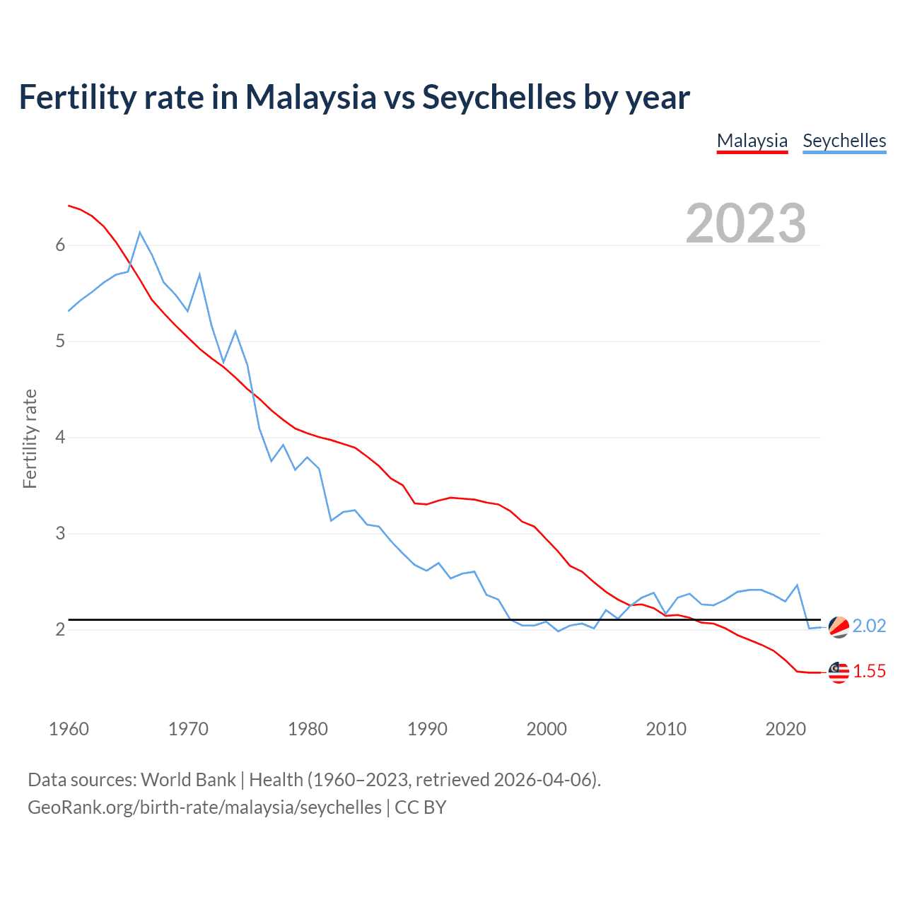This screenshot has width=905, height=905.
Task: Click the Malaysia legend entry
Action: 752,141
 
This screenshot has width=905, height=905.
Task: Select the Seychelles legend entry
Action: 844,141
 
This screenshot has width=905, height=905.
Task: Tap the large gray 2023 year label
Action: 745,223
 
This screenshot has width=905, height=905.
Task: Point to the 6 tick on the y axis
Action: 60,245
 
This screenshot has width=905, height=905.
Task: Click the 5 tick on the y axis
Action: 60,341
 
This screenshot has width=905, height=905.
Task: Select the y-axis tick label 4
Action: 60,437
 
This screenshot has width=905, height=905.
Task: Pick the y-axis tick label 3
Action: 60,533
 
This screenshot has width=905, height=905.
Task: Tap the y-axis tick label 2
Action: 60,629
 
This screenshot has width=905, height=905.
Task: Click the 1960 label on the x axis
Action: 69,729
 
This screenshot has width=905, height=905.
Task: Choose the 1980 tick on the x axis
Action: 308,729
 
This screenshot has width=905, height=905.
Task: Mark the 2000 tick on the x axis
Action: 547,729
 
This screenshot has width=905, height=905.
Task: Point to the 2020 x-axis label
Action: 786,729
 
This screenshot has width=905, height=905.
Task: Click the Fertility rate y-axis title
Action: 30,438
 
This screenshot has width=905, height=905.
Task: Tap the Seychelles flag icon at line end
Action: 839,626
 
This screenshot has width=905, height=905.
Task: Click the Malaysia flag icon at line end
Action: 839,672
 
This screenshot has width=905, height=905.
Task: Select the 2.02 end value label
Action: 869,626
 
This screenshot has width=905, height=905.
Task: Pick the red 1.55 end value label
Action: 869,672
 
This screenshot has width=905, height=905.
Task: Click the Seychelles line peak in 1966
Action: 140,233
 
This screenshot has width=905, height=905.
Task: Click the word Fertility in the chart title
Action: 77,98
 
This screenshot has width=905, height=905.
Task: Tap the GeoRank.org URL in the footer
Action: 204,807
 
